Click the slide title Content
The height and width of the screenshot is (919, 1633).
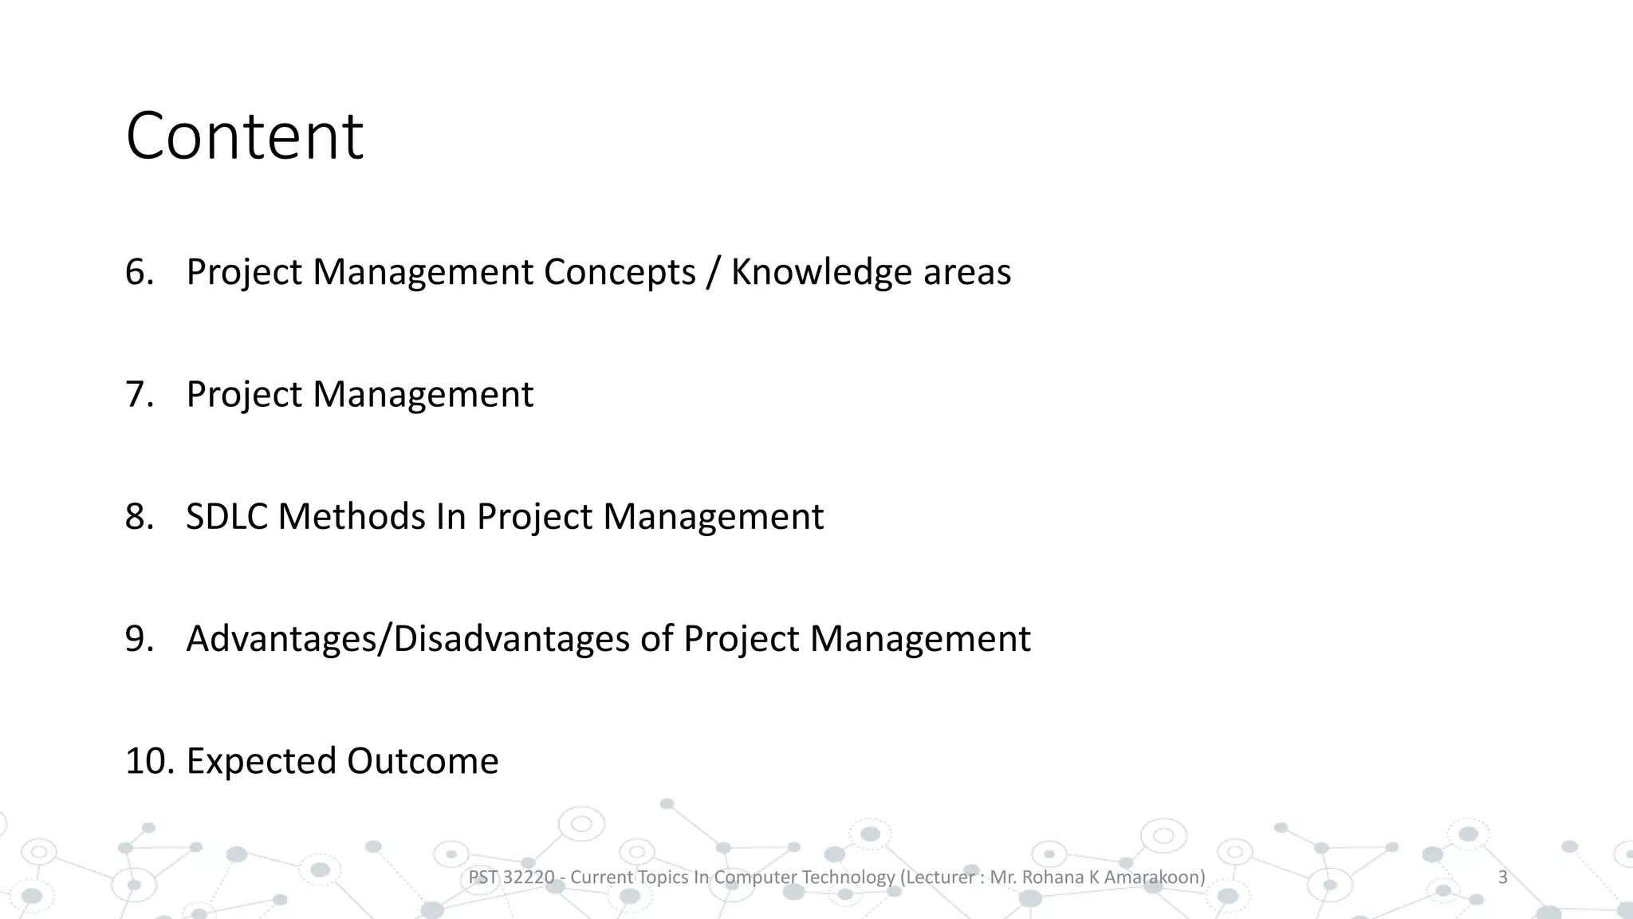pos(244,136)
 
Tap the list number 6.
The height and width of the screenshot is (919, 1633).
pos(139,272)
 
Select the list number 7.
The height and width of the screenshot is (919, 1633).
pos(139,394)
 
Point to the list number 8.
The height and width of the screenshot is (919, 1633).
pos(139,517)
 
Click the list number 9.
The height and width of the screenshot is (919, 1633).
pos(139,639)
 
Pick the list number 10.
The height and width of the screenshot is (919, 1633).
pos(149,761)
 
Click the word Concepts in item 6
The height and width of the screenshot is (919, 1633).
pos(620,272)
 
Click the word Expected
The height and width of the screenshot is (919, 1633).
pos(261,761)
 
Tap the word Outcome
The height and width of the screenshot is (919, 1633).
pos(423,761)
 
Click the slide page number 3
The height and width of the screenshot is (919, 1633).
pos(1503,878)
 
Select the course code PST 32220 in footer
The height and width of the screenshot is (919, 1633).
pos(511,878)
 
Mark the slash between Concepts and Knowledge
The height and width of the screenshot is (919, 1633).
pos(713,272)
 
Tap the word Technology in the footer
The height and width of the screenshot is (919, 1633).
pos(848,878)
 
